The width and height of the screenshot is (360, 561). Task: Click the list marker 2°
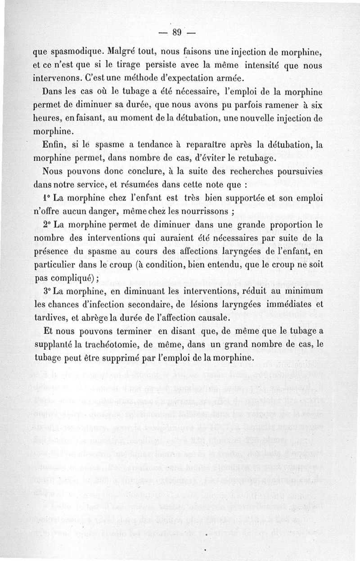[47, 223]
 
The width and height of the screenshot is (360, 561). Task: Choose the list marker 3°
[47, 292]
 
